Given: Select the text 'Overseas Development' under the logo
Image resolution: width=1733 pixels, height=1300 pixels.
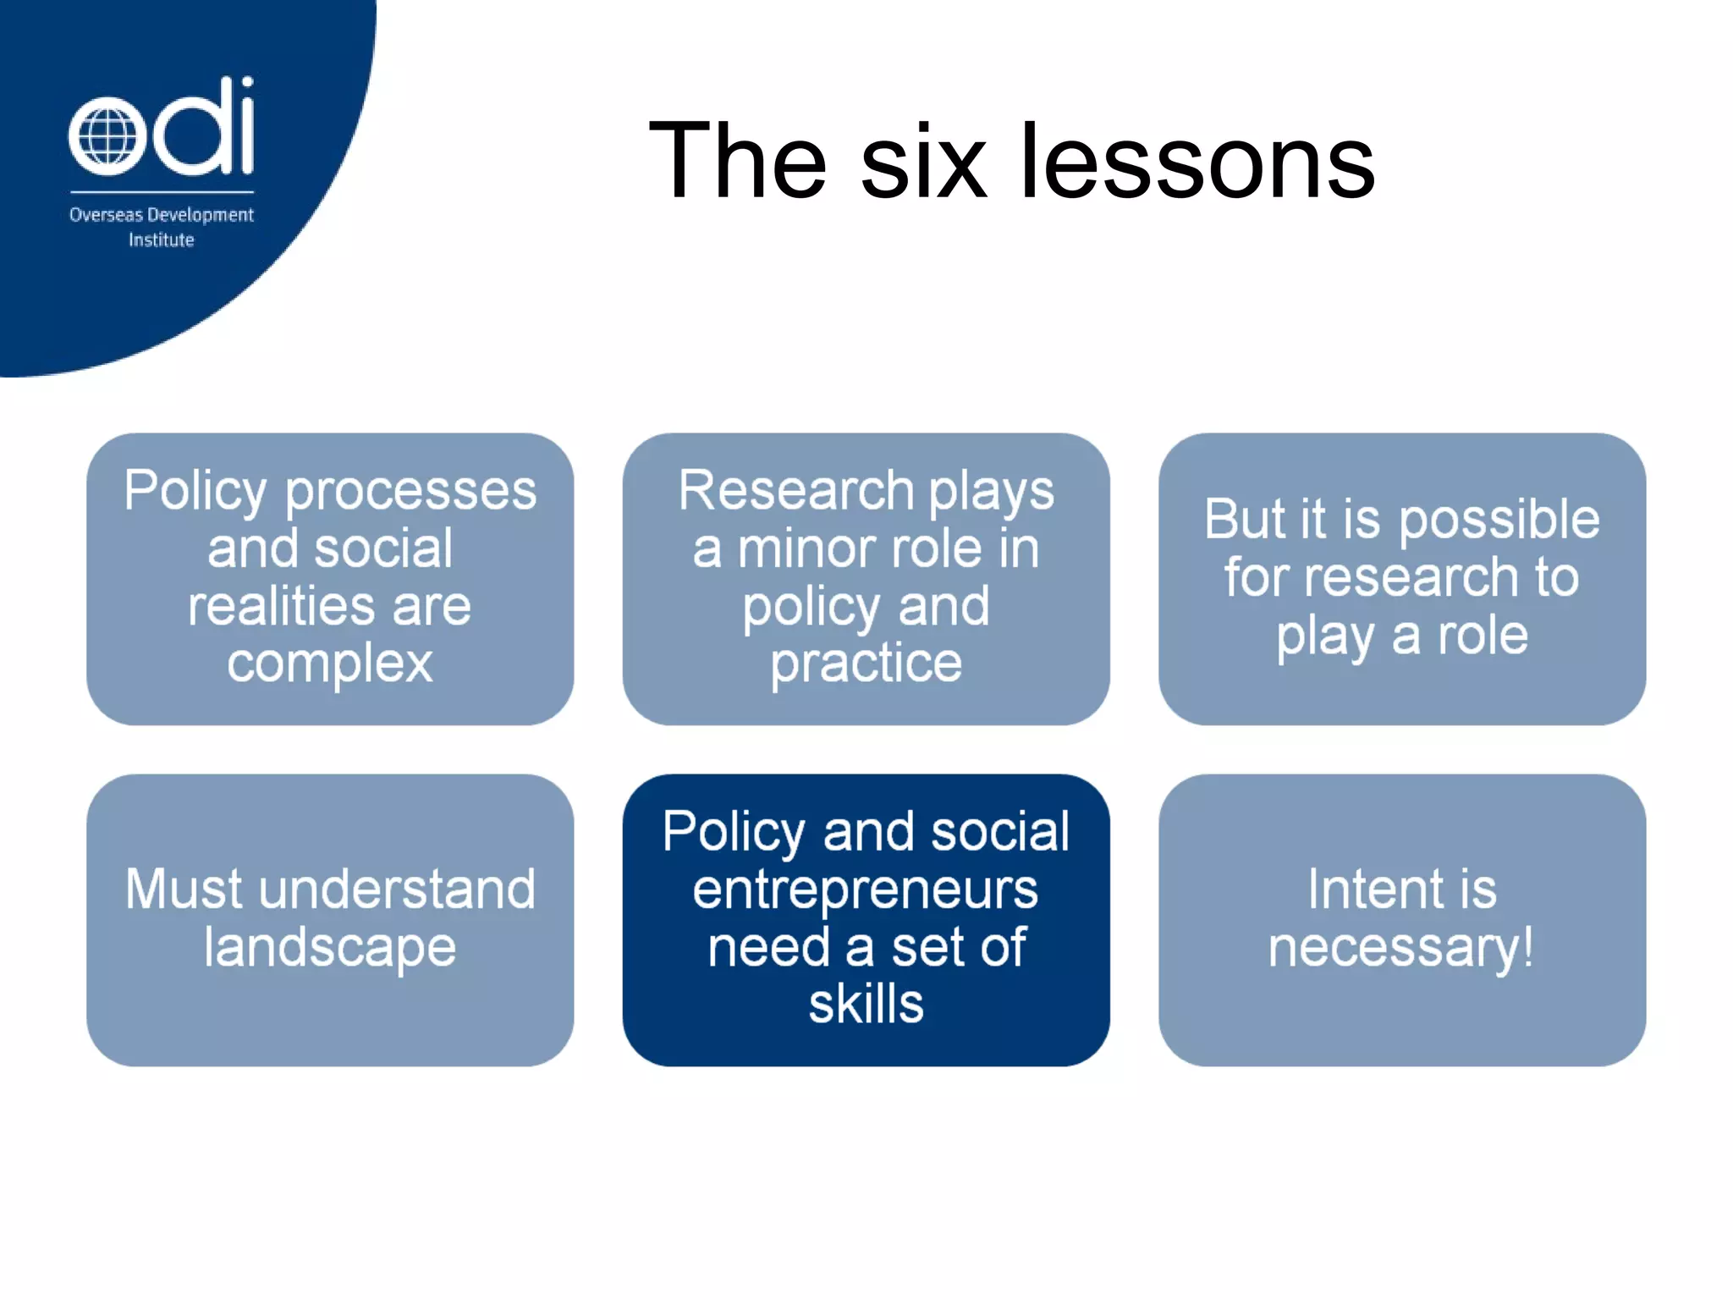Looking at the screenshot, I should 161,215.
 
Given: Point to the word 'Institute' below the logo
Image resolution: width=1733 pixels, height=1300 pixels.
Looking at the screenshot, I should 161,240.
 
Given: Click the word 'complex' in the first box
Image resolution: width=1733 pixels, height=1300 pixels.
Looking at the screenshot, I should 329,664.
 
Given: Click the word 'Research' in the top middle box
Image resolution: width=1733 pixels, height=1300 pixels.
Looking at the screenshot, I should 796,490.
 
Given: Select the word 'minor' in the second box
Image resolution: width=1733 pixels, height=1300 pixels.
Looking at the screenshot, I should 813,548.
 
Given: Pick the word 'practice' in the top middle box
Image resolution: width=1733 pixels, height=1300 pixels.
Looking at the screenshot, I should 866,664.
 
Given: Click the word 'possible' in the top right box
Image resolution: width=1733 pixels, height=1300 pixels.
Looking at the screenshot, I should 1499,520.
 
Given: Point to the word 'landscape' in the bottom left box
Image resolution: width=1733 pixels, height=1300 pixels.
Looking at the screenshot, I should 329,948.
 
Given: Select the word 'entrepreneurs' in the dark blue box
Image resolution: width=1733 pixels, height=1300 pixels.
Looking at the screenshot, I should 865,890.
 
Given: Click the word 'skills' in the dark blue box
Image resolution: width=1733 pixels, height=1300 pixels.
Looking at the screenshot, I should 866,1005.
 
